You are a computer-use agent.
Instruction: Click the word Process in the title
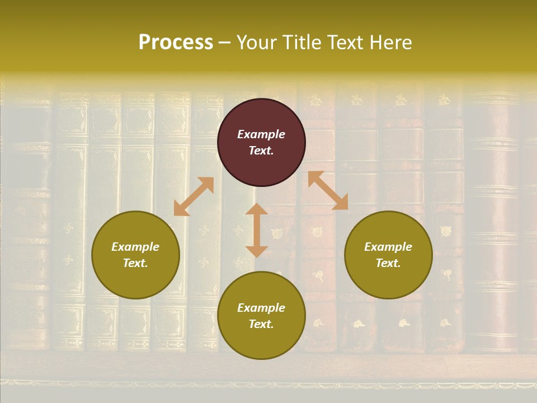tap(176, 43)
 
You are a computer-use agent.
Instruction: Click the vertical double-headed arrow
tap(257, 231)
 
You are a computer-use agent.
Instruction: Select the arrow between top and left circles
tap(194, 196)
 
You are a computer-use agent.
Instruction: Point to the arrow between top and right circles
tap(328, 190)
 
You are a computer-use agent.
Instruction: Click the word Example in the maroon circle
tap(261, 134)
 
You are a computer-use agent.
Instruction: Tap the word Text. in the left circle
tap(135, 263)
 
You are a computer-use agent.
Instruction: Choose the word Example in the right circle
tap(388, 247)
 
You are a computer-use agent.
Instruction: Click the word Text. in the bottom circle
tap(261, 324)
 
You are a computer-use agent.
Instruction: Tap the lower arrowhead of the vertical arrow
tap(257, 251)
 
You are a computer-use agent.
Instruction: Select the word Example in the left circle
tap(135, 247)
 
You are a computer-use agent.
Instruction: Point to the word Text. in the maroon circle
tap(261, 151)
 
